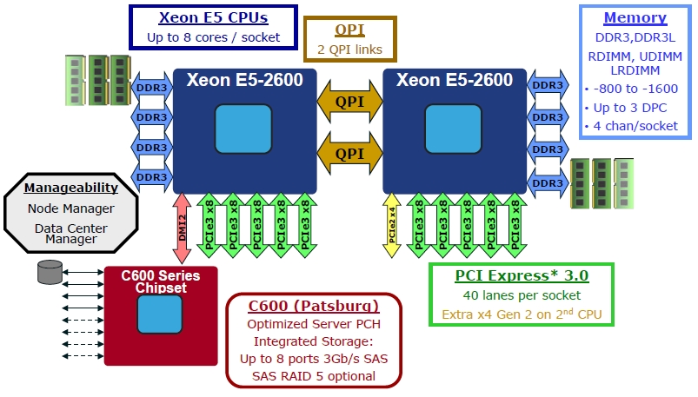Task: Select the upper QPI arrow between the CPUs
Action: click(x=349, y=103)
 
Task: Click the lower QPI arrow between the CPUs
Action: click(x=349, y=153)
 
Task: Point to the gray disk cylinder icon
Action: click(x=50, y=272)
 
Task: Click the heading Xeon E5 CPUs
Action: click(x=213, y=17)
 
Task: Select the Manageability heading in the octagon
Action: click(x=71, y=188)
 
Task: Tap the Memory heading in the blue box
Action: click(x=635, y=17)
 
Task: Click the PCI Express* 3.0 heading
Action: click(x=522, y=275)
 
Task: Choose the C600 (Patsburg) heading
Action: click(x=313, y=306)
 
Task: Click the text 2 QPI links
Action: click(x=349, y=50)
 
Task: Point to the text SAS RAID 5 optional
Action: click(x=313, y=376)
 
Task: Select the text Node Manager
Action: click(x=71, y=208)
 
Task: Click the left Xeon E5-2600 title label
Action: click(x=244, y=81)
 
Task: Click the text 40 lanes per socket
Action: click(x=522, y=295)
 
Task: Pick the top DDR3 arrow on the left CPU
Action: click(x=152, y=87)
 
